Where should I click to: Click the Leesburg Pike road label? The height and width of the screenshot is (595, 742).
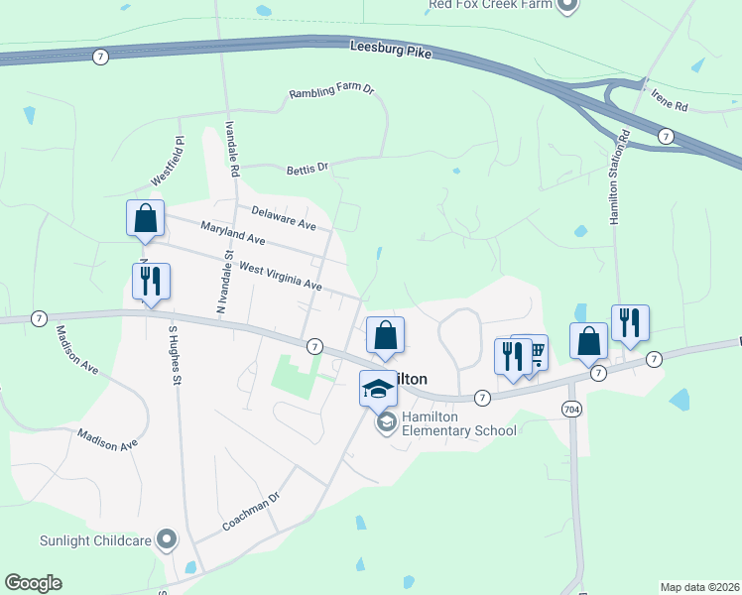tap(391, 50)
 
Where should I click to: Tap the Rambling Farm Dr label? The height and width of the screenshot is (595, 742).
tap(330, 92)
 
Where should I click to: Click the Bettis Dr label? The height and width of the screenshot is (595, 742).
tap(307, 169)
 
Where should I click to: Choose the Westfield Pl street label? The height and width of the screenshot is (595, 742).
tap(169, 162)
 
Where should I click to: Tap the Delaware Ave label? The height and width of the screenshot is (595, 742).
tap(283, 218)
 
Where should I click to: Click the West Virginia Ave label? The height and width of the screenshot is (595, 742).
tap(281, 277)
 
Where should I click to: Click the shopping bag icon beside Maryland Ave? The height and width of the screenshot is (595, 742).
tap(145, 218)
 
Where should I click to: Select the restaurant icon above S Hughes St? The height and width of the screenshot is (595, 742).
tap(151, 282)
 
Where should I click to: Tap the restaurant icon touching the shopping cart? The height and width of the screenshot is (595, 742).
tap(513, 354)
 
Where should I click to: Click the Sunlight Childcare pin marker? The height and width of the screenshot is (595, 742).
tap(167, 540)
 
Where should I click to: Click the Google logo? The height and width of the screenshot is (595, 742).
tap(33, 583)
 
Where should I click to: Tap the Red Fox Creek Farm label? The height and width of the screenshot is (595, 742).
tap(489, 4)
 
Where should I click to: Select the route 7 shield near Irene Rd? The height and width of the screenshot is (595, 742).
tap(665, 135)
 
